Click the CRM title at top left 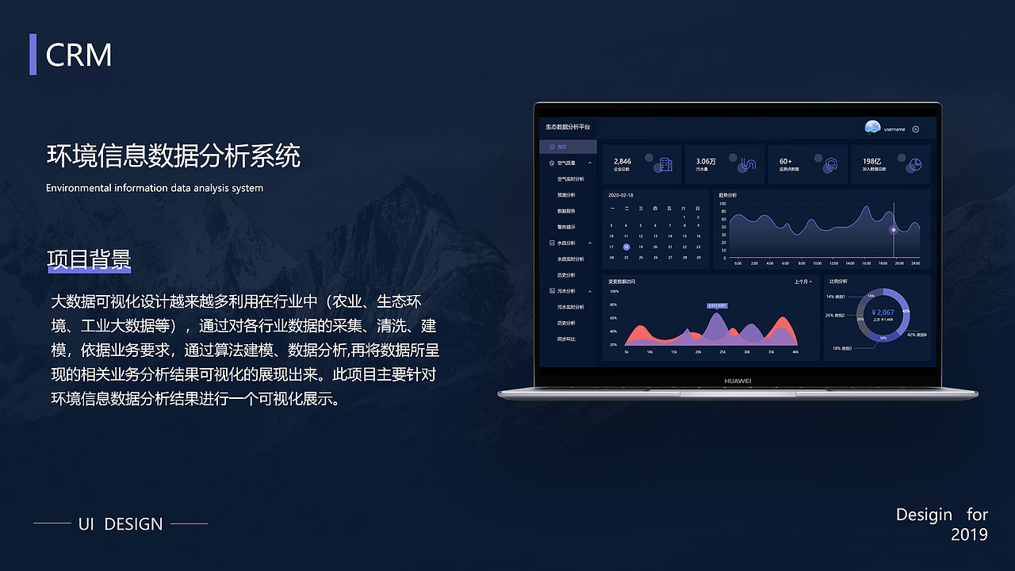(x=79, y=55)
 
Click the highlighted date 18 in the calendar (x=626, y=247)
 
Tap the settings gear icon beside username (x=916, y=129)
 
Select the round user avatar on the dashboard (x=872, y=128)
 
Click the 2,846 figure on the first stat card (x=622, y=162)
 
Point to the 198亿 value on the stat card (x=872, y=162)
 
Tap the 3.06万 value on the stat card (x=706, y=162)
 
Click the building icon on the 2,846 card (x=666, y=165)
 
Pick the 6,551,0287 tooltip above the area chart (x=717, y=305)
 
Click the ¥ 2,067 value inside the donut (x=883, y=312)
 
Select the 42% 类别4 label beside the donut (x=917, y=335)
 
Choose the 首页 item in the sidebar (x=562, y=147)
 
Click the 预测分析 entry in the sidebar (x=566, y=195)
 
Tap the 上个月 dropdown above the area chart (x=802, y=282)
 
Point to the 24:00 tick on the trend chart (x=915, y=263)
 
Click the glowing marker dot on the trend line (x=894, y=230)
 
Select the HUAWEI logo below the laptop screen (x=737, y=381)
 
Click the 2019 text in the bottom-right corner (x=969, y=535)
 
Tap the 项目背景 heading (x=89, y=260)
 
